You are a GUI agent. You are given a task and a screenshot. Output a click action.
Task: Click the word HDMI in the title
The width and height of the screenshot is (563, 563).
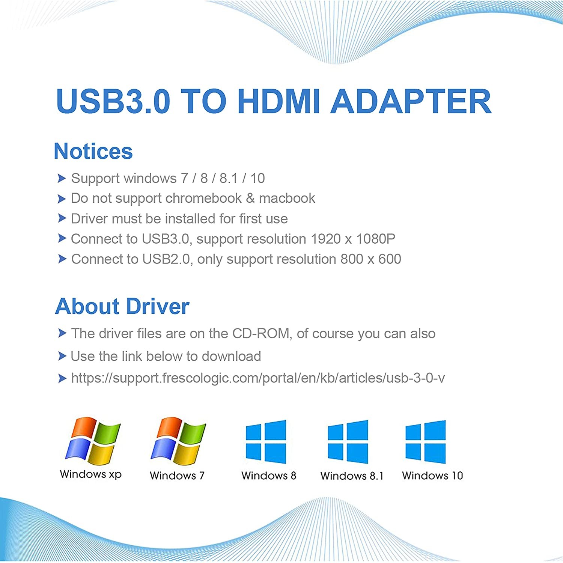[279, 101]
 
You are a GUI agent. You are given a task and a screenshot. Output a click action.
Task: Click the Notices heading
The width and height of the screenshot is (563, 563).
[93, 151]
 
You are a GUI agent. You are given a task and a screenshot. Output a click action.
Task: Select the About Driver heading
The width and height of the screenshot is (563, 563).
[122, 307]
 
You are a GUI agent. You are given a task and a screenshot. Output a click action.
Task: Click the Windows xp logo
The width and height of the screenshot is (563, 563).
[93, 441]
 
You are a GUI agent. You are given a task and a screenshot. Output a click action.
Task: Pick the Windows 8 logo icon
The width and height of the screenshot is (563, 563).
[266, 442]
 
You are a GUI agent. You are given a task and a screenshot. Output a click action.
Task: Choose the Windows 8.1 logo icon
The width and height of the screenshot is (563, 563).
[348, 442]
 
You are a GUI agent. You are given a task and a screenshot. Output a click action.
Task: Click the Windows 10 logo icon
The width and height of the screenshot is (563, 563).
[426, 442]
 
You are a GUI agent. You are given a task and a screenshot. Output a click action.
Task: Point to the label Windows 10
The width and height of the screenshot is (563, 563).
[432, 476]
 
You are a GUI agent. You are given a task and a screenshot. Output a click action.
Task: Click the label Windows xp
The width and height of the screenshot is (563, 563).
[90, 474]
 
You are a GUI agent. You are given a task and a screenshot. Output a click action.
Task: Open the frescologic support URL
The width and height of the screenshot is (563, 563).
[257, 378]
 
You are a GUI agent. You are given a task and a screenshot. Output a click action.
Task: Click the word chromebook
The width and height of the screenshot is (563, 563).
[203, 199]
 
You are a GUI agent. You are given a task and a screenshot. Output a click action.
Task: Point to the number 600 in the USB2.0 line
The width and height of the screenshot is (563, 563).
[390, 259]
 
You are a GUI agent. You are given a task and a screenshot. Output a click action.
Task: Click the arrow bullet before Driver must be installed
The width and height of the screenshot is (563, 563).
[62, 218]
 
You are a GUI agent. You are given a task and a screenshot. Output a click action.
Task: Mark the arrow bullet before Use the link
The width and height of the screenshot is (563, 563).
[62, 356]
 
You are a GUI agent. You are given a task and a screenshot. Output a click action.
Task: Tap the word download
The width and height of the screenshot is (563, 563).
[231, 357]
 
